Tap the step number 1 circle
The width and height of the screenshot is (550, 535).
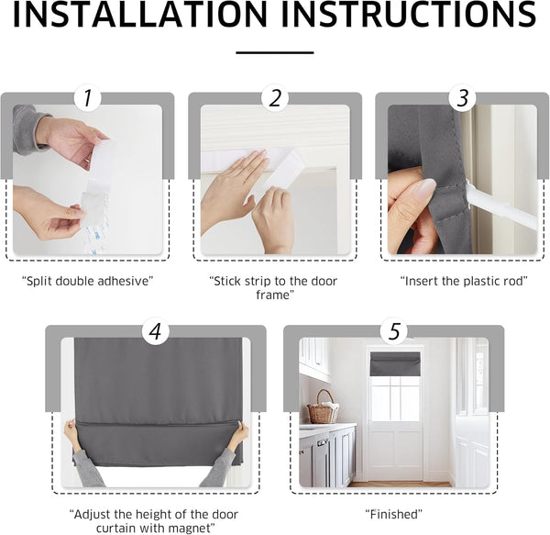pyautogui.click(x=87, y=98)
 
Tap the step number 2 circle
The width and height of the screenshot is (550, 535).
pyautogui.click(x=275, y=98)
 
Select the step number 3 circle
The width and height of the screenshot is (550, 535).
pyautogui.click(x=462, y=98)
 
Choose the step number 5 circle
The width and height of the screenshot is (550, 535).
pyautogui.click(x=393, y=331)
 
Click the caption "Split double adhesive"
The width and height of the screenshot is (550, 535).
pyautogui.click(x=86, y=280)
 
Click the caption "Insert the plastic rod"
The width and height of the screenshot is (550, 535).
pyautogui.click(x=462, y=280)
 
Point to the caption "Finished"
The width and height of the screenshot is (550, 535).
pyautogui.click(x=393, y=514)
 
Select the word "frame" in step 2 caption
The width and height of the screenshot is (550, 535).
pyautogui.click(x=274, y=295)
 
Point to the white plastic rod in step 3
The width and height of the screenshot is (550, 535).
pyautogui.click(x=502, y=210)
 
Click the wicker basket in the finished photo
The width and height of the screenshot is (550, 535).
pyautogui.click(x=322, y=409)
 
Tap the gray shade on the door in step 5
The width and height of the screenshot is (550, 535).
pyautogui.click(x=395, y=364)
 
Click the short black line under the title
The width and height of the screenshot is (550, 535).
pyautogui.click(x=274, y=52)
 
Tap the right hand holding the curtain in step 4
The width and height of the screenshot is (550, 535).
pyautogui.click(x=237, y=431)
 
